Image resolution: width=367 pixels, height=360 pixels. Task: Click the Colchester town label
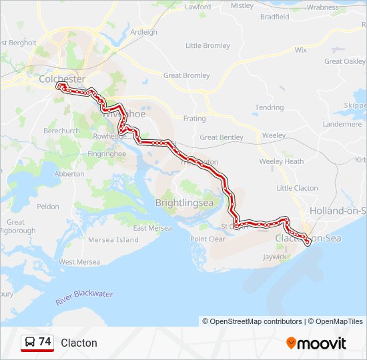[x=62, y=79]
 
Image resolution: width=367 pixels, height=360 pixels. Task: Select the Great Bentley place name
[x=222, y=137]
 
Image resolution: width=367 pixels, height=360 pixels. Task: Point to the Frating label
[x=195, y=119]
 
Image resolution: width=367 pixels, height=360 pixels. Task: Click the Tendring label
[x=269, y=107]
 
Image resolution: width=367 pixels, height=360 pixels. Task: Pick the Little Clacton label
[x=297, y=188]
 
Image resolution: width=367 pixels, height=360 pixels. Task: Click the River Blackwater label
[x=84, y=297]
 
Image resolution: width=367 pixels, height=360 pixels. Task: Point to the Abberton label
[x=69, y=174]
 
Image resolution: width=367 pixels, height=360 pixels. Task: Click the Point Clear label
[x=208, y=239]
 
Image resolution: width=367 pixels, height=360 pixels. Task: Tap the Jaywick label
[x=274, y=257]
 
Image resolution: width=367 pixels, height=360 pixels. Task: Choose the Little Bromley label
[x=208, y=46]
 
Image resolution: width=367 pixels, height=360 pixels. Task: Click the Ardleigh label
[x=144, y=31]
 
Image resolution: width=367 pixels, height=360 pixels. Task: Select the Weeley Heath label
[x=281, y=161]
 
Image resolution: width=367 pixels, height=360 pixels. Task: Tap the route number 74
[x=45, y=342]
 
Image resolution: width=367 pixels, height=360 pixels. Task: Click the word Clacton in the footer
[x=79, y=343]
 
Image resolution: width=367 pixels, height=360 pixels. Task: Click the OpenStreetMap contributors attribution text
[x=252, y=321]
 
